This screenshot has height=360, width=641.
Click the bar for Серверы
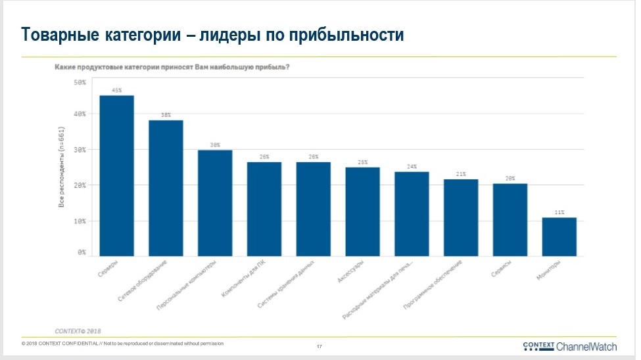point(116,175)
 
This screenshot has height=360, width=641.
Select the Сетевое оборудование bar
point(166,188)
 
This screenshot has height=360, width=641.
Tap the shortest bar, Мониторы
point(559,236)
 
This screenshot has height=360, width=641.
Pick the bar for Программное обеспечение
point(461,217)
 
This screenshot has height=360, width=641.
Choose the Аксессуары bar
point(362,212)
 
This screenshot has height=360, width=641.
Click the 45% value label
point(117,91)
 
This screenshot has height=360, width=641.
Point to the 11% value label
point(559,212)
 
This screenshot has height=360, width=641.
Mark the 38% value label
point(166,115)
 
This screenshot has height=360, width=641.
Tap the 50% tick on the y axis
point(80,83)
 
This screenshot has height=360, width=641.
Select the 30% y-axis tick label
point(80,150)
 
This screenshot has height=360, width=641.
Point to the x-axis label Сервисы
point(502,271)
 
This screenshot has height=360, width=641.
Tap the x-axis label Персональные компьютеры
point(192,286)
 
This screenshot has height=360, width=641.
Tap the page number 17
point(320,346)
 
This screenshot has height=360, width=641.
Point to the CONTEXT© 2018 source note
point(78,330)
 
